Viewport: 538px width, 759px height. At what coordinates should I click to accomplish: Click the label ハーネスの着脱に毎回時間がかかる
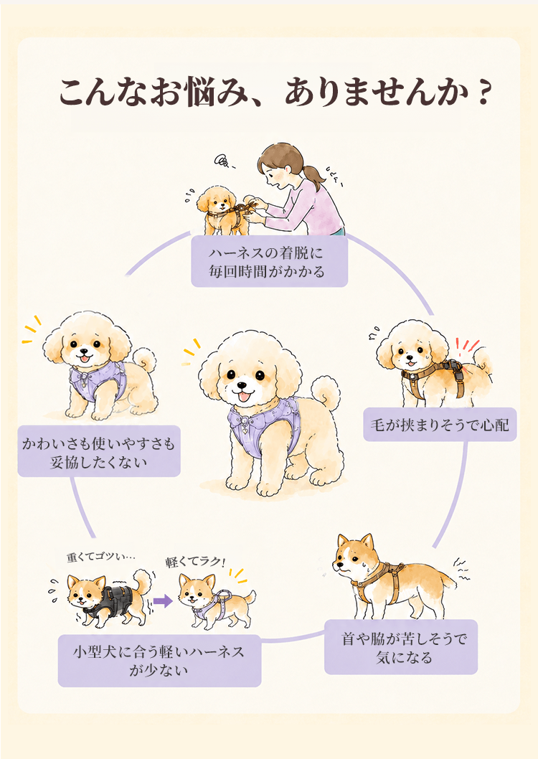[270, 261]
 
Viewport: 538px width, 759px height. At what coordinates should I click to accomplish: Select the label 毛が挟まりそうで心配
[440, 425]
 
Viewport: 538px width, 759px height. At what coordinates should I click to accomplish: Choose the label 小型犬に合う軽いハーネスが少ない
[160, 661]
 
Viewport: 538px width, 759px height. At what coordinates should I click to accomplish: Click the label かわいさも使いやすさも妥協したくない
[99, 451]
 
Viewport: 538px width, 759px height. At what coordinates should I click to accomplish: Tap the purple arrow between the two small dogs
[163, 602]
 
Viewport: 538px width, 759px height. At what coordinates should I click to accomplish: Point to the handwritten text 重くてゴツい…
[100, 557]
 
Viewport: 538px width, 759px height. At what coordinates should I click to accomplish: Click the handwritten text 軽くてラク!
[195, 562]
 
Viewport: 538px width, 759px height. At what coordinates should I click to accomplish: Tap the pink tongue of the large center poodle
[245, 397]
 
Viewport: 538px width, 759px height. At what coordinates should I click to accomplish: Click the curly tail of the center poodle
[325, 392]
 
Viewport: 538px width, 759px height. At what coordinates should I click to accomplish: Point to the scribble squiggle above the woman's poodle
[223, 161]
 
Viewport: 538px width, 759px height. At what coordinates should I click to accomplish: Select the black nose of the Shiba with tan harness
[337, 564]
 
